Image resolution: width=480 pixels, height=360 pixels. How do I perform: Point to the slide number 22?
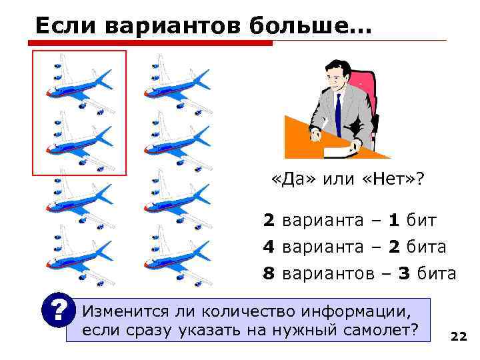[x=459, y=336]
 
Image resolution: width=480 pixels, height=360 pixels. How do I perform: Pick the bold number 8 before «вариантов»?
[x=269, y=273]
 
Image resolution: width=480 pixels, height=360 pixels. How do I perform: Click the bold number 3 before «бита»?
[x=405, y=273]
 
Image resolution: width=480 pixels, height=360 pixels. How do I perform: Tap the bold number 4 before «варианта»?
[x=269, y=247]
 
